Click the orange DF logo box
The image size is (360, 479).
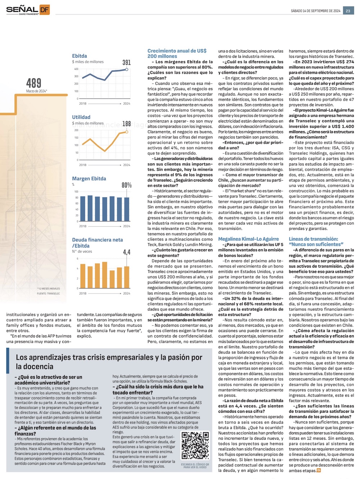click(44, 10)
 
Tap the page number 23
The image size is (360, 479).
click(348, 11)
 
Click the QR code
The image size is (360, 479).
click(195, 446)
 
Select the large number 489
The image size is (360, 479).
click(33, 83)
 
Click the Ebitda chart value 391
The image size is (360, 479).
click(126, 63)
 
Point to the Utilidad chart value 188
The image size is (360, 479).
click(126, 124)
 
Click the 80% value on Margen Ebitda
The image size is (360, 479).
click(126, 185)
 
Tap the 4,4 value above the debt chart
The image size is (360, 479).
click(126, 252)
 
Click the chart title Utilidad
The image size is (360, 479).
click(81, 117)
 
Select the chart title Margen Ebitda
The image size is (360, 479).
click(89, 179)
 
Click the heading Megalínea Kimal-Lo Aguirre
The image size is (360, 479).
click(248, 239)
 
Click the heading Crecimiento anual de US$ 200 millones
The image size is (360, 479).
click(177, 54)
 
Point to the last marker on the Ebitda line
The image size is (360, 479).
click(127, 69)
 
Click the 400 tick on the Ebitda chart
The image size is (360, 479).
click(76, 69)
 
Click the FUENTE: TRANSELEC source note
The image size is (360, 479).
click(48, 294)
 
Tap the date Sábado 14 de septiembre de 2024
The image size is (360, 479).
click(315, 11)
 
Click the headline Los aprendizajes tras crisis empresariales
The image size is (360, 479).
click(109, 362)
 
